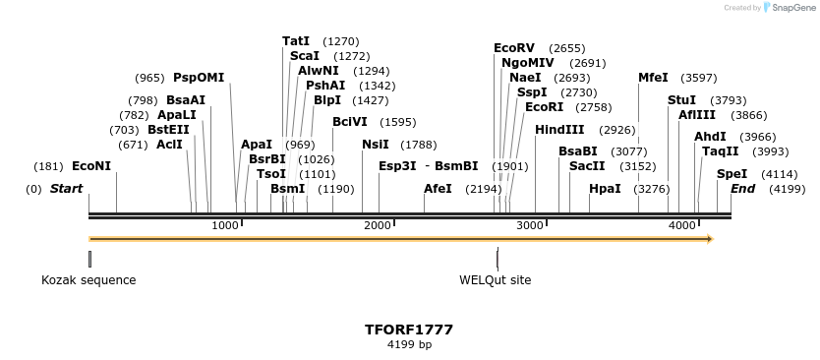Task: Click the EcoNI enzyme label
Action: (91, 166)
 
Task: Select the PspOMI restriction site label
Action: (199, 78)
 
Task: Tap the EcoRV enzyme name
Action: (514, 48)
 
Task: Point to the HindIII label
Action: (559, 130)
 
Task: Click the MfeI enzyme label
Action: (653, 78)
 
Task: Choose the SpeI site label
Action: (732, 174)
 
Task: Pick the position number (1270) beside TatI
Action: (341, 42)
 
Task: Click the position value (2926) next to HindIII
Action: (618, 130)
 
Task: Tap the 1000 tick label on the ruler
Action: (226, 226)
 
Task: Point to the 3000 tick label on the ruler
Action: (531, 226)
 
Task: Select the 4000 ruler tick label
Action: (683, 226)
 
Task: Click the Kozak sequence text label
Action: (88, 280)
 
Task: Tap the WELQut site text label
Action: (496, 280)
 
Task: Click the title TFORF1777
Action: (409, 330)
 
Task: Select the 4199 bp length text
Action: (409, 345)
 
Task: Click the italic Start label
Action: (66, 188)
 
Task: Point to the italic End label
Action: (742, 188)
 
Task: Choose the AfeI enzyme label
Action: (438, 188)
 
